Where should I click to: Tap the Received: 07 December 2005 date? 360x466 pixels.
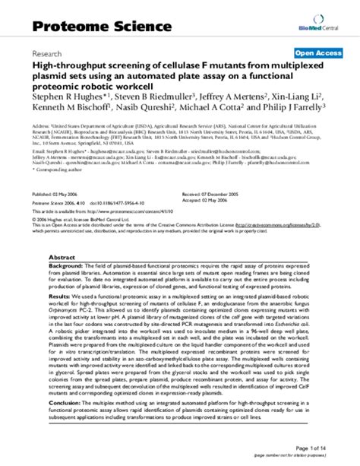coord(240,194)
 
